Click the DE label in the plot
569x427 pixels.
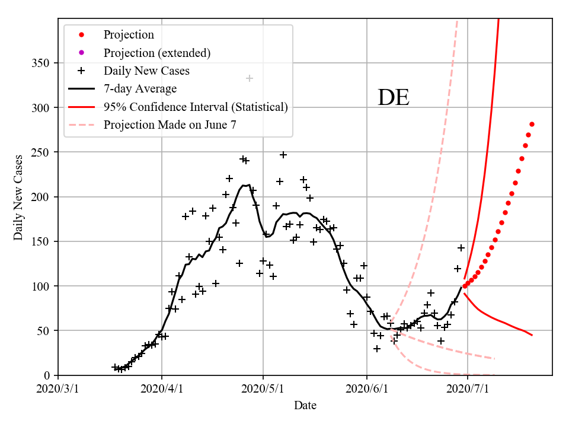point(394,98)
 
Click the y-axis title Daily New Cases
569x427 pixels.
point(18,197)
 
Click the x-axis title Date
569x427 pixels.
point(305,406)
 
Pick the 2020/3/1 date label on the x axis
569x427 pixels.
point(59,389)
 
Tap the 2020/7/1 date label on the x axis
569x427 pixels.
point(468,389)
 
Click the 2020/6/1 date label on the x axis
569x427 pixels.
point(367,389)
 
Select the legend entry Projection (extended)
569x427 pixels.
point(157,53)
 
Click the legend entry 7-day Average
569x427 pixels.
point(140,89)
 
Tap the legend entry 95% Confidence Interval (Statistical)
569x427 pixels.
point(196,107)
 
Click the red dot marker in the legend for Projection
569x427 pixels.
point(82,34)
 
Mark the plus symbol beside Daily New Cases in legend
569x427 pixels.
point(82,71)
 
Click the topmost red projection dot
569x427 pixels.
point(532,124)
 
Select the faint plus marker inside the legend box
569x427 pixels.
point(250,78)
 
